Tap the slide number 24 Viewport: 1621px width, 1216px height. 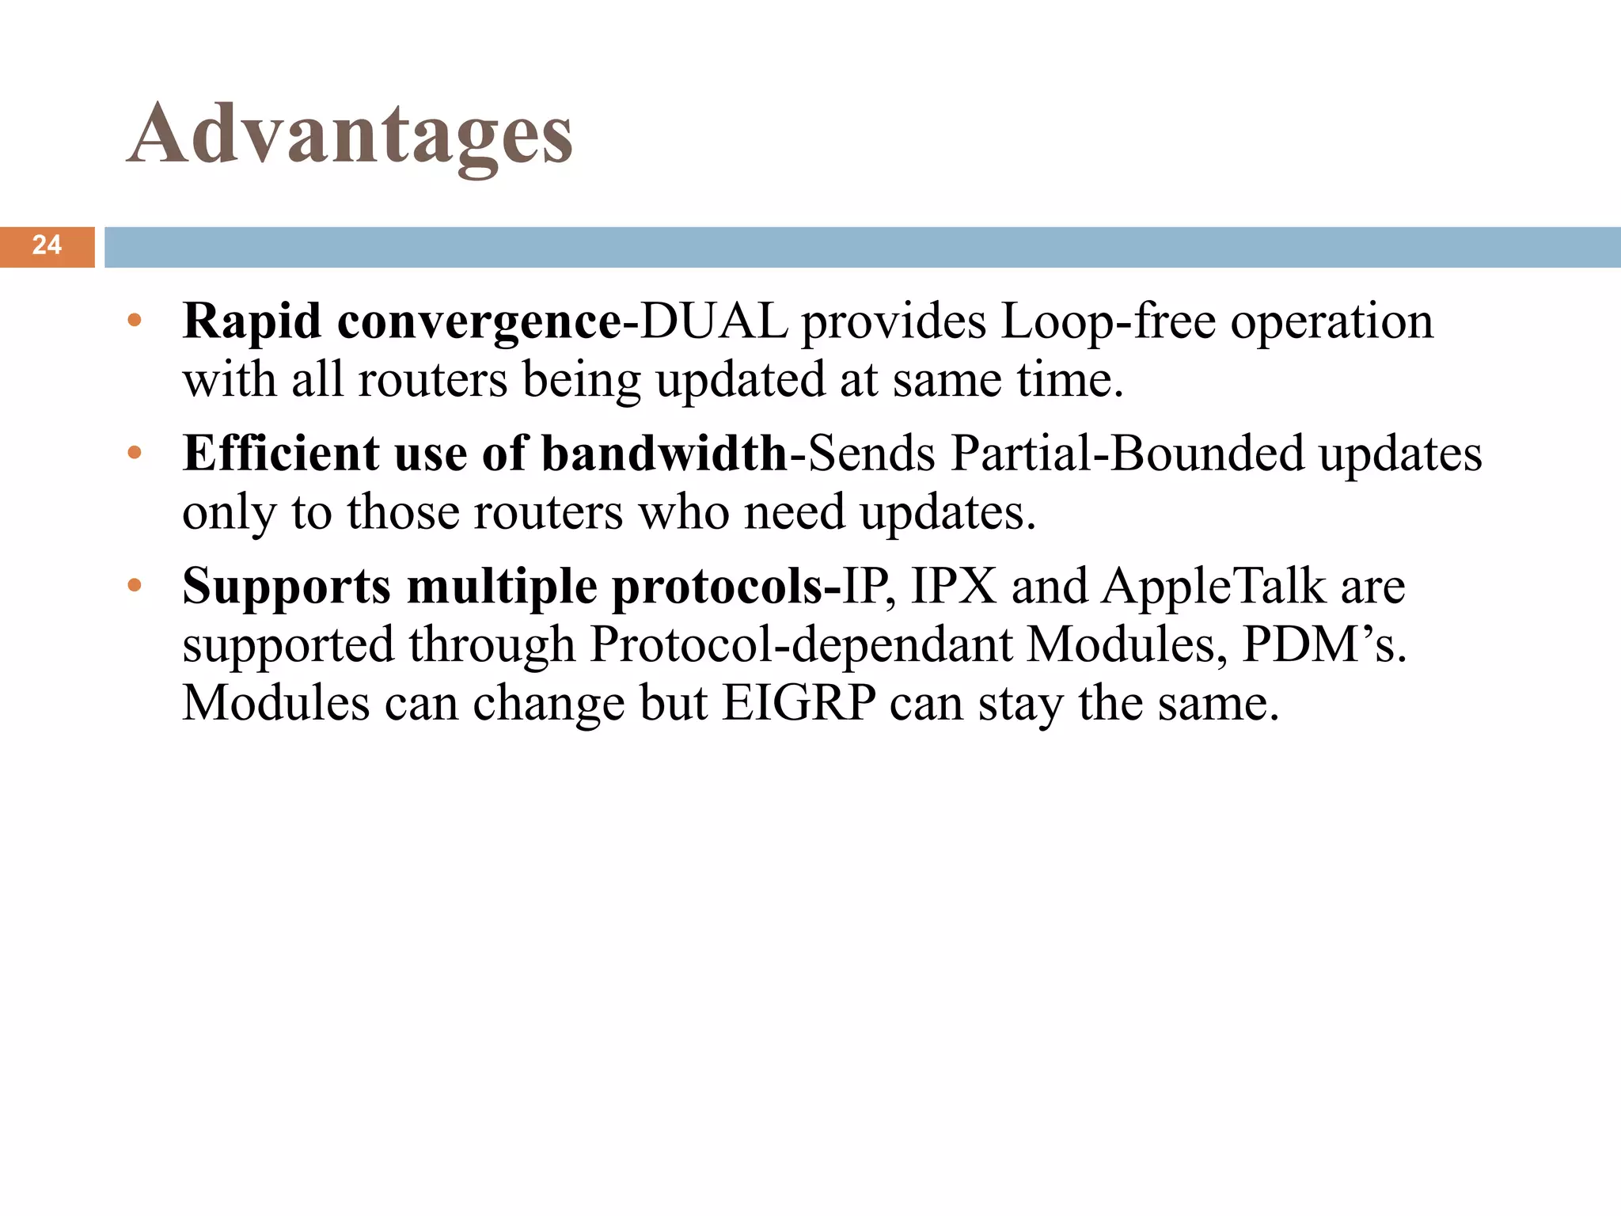(x=47, y=245)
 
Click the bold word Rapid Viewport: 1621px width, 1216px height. (x=252, y=321)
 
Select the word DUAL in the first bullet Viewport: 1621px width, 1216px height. (x=714, y=321)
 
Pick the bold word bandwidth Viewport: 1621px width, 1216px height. (x=664, y=454)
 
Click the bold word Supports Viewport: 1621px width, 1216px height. (x=287, y=587)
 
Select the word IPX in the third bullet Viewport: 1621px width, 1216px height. (x=954, y=587)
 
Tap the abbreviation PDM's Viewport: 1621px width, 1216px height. (x=1324, y=644)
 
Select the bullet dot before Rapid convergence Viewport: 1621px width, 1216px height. (x=135, y=321)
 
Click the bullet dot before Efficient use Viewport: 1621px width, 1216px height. (x=135, y=454)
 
